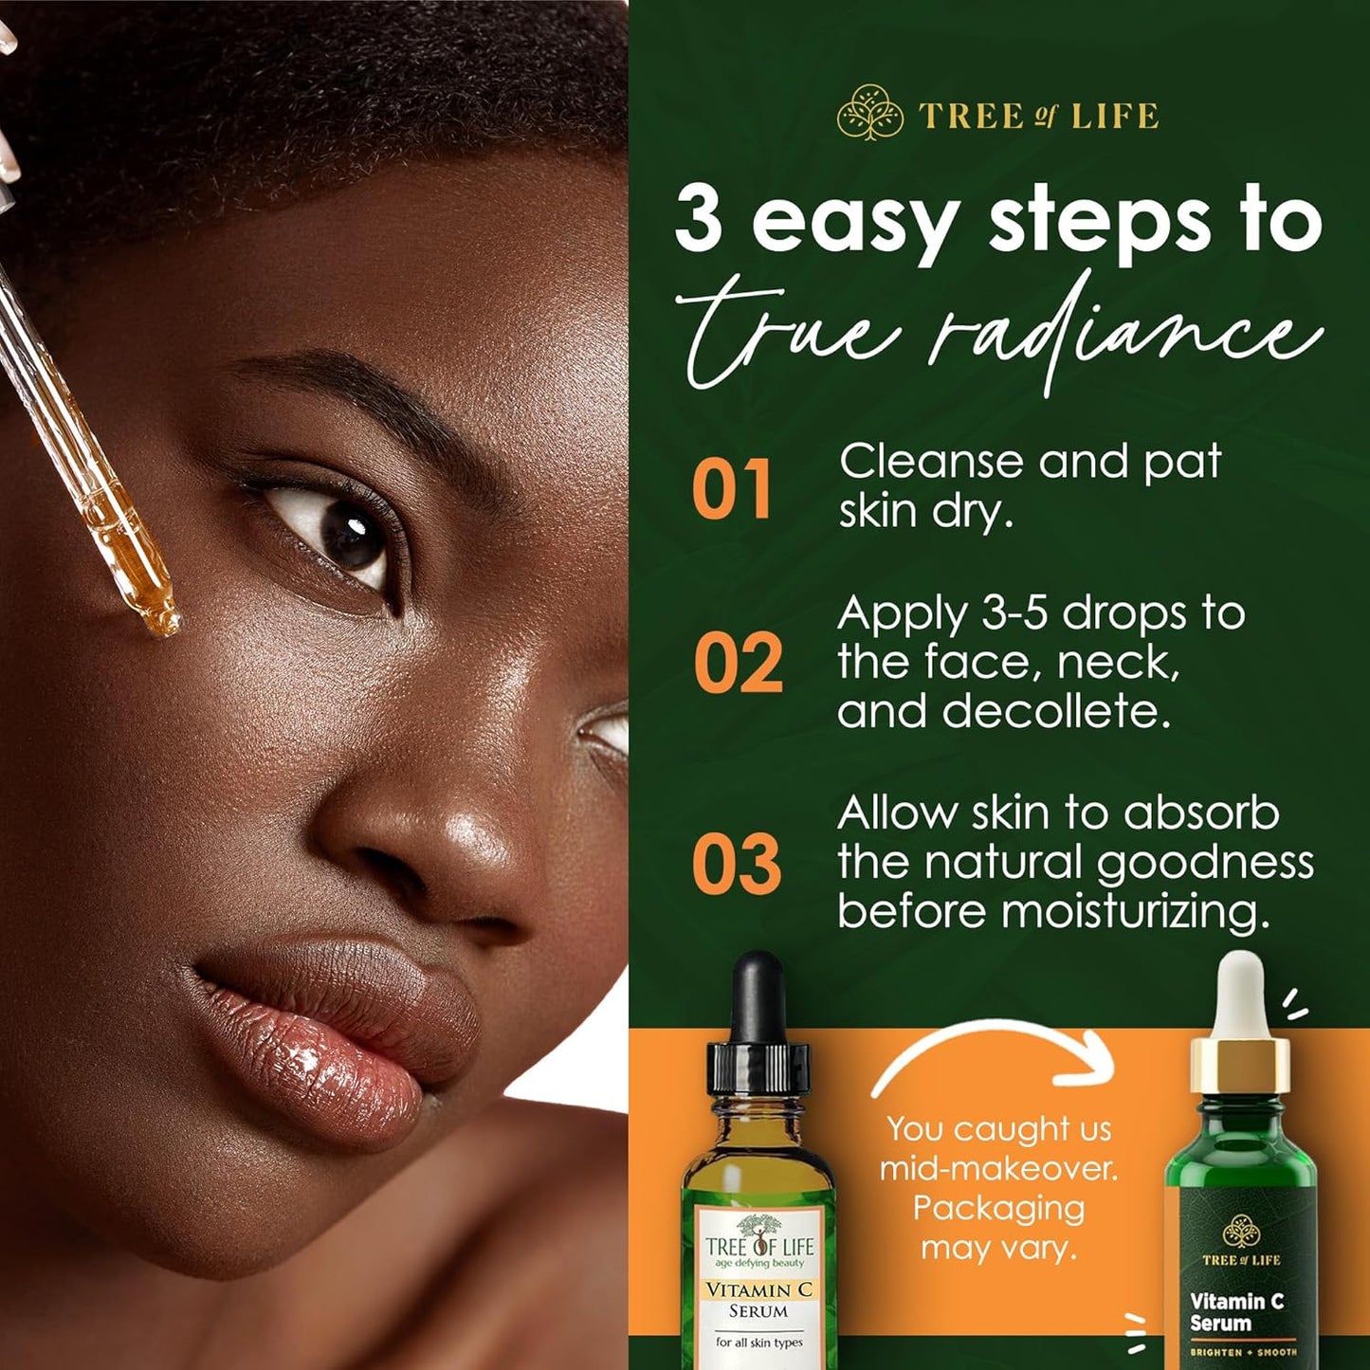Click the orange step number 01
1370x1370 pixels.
(x=731, y=490)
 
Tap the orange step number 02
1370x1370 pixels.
(x=738, y=663)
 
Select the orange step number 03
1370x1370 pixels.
(x=737, y=865)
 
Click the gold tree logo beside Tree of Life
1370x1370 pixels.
(x=869, y=114)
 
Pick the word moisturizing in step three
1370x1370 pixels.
(x=1134, y=912)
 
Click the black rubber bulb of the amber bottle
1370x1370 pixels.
(x=758, y=996)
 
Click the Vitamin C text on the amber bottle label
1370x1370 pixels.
(x=758, y=1290)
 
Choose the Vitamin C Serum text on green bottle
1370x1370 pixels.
(x=1235, y=1312)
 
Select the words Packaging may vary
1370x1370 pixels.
(x=998, y=1228)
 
